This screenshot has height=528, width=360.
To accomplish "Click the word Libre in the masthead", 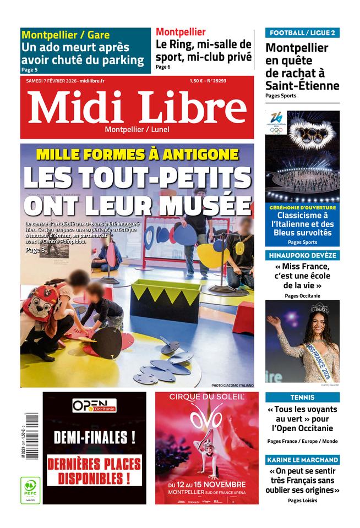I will click(x=193, y=107).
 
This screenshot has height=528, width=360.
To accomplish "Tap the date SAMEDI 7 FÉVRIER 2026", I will click(x=51, y=81).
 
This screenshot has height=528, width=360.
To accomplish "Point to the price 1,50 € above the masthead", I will click(x=196, y=81).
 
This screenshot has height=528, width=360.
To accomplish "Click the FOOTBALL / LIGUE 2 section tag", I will click(x=302, y=32).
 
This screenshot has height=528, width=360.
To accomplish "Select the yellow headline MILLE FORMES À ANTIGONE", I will click(x=138, y=155).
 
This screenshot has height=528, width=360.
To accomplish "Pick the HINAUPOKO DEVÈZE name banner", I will click(x=302, y=256).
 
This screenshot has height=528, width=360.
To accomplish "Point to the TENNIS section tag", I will click(x=302, y=397).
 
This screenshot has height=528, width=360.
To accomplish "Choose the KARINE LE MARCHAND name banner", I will click(x=302, y=460).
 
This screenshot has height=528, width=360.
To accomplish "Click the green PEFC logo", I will click(x=30, y=490).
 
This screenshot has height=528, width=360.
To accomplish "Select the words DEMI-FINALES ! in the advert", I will click(x=95, y=438).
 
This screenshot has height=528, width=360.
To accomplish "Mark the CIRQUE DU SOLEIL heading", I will click(x=206, y=397).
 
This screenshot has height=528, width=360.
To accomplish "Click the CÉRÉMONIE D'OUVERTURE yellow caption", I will click(x=302, y=207).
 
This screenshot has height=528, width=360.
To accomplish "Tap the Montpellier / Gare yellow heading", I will click(x=66, y=35).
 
